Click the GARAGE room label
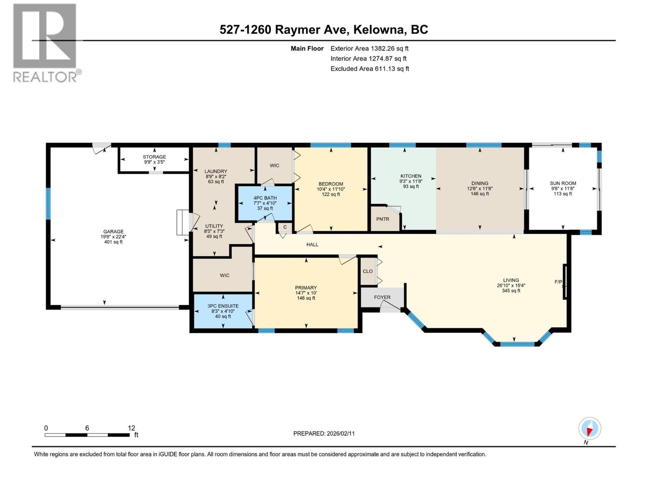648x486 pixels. [113, 232]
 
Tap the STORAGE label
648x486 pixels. [154, 157]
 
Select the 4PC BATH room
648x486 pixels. [265, 203]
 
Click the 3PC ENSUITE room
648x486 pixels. [223, 311]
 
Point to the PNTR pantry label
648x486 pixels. [382, 219]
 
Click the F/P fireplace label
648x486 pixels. [558, 282]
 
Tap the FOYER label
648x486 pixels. [382, 297]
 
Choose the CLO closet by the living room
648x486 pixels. [367, 271]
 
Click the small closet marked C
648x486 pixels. [285, 227]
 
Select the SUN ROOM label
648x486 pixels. [563, 183]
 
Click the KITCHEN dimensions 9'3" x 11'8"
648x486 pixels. [411, 181]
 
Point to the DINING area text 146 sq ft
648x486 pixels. [480, 194]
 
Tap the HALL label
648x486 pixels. [312, 245]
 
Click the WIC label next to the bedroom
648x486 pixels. [274, 165]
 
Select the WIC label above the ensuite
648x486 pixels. [224, 275]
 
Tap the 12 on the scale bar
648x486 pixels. [131, 428]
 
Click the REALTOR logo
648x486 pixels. [45, 43]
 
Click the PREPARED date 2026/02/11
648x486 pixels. [340, 433]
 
